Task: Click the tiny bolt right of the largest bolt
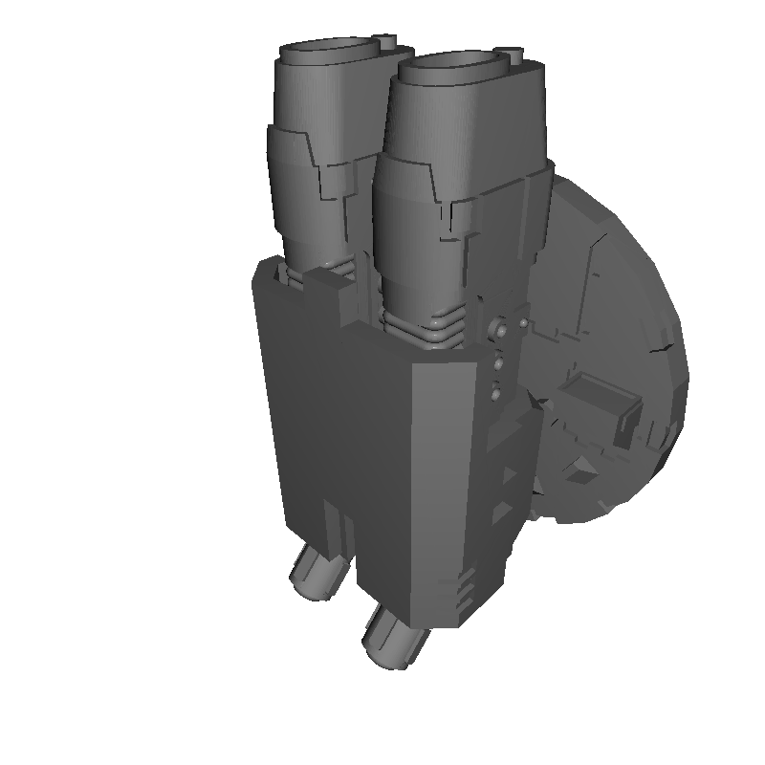click(x=523, y=324)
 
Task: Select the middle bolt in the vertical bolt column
click(x=498, y=364)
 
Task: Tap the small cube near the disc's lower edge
click(x=576, y=470)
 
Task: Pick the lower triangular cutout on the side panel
click(x=501, y=514)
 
